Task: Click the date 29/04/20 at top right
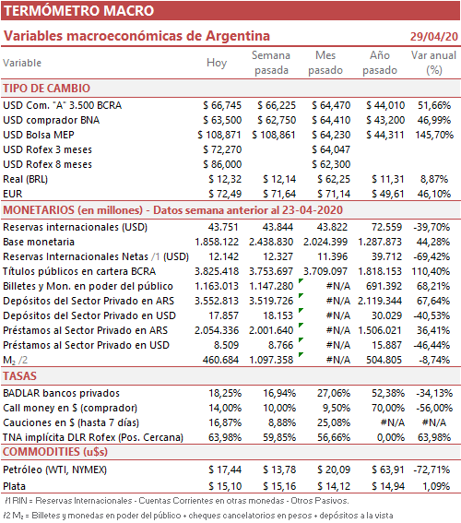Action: (434, 36)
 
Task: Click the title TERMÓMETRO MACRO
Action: (78, 11)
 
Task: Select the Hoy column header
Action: (217, 63)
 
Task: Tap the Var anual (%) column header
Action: (433, 63)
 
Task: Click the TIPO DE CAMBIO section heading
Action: (47, 89)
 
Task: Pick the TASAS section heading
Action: (19, 376)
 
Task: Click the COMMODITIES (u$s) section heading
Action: (55, 452)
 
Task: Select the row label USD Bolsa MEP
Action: (39, 135)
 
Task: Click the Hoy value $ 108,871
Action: (219, 135)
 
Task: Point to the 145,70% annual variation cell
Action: (434, 135)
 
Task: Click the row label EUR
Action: (13, 194)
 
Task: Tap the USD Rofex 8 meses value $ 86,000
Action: (222, 164)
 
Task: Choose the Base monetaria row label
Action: (39, 242)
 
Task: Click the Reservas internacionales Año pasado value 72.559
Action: (386, 227)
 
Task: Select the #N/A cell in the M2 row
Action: (338, 360)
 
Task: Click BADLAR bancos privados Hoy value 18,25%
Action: (225, 393)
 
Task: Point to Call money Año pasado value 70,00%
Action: (388, 408)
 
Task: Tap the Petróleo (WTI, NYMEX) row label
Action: (55, 470)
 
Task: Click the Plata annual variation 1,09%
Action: (436, 486)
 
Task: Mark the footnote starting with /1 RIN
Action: (177, 501)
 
